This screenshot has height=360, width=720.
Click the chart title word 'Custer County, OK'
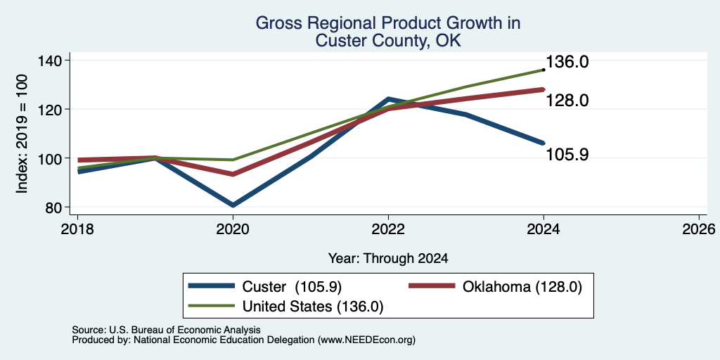[388, 41]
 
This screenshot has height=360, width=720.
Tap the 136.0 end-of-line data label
[567, 63]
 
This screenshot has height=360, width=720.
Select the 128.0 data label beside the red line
[567, 100]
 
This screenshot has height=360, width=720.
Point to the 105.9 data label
[567, 155]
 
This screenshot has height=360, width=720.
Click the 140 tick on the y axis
[55, 60]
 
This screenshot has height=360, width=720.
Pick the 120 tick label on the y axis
[55, 109]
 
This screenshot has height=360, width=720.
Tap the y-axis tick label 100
[55, 158]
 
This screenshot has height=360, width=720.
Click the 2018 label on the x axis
[77, 229]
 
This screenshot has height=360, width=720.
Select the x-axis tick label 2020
[233, 229]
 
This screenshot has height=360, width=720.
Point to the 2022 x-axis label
[388, 229]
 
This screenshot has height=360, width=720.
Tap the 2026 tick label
[700, 229]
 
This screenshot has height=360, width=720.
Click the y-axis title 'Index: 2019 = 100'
[22, 134]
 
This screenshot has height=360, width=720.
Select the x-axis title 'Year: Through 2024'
[388, 259]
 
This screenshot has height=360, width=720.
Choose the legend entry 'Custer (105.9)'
[265, 287]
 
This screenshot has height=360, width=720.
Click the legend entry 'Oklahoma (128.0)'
[496, 287]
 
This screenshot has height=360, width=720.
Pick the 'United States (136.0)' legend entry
[285, 307]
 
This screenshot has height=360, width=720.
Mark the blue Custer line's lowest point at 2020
[233, 205]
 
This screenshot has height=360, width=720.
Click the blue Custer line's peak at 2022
[388, 98]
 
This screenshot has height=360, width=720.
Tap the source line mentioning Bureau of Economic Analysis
[166, 330]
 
